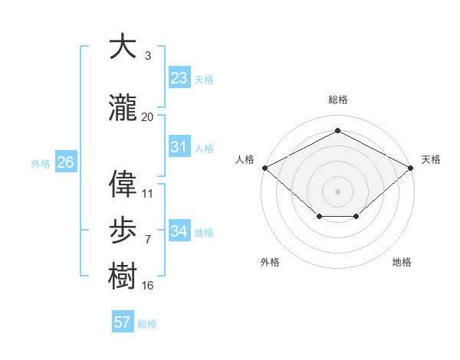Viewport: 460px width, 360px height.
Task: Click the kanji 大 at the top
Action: click(x=123, y=47)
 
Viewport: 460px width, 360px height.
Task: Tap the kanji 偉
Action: click(x=123, y=184)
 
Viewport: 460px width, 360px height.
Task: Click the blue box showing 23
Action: click(x=179, y=78)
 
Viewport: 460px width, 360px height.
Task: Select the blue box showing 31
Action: click(x=179, y=147)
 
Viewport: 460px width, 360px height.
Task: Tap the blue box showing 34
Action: click(x=179, y=231)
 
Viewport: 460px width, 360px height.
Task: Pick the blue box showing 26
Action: click(x=65, y=162)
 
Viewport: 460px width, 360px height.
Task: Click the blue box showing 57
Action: click(x=123, y=322)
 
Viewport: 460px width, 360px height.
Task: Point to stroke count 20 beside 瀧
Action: click(x=148, y=117)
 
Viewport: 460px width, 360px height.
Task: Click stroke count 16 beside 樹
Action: click(x=148, y=286)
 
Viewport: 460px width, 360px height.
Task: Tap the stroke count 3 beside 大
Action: click(x=148, y=56)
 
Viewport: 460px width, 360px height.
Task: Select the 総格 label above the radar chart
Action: click(x=337, y=100)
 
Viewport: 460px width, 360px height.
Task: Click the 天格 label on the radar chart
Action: click(x=431, y=159)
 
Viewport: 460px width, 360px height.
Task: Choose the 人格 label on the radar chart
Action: click(x=245, y=159)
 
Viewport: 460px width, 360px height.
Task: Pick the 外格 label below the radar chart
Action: click(x=270, y=262)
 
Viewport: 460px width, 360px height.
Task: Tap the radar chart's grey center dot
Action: click(x=337, y=191)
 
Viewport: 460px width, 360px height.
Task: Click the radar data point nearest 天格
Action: click(x=411, y=167)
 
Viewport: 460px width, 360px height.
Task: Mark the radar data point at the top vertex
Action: click(x=337, y=131)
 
